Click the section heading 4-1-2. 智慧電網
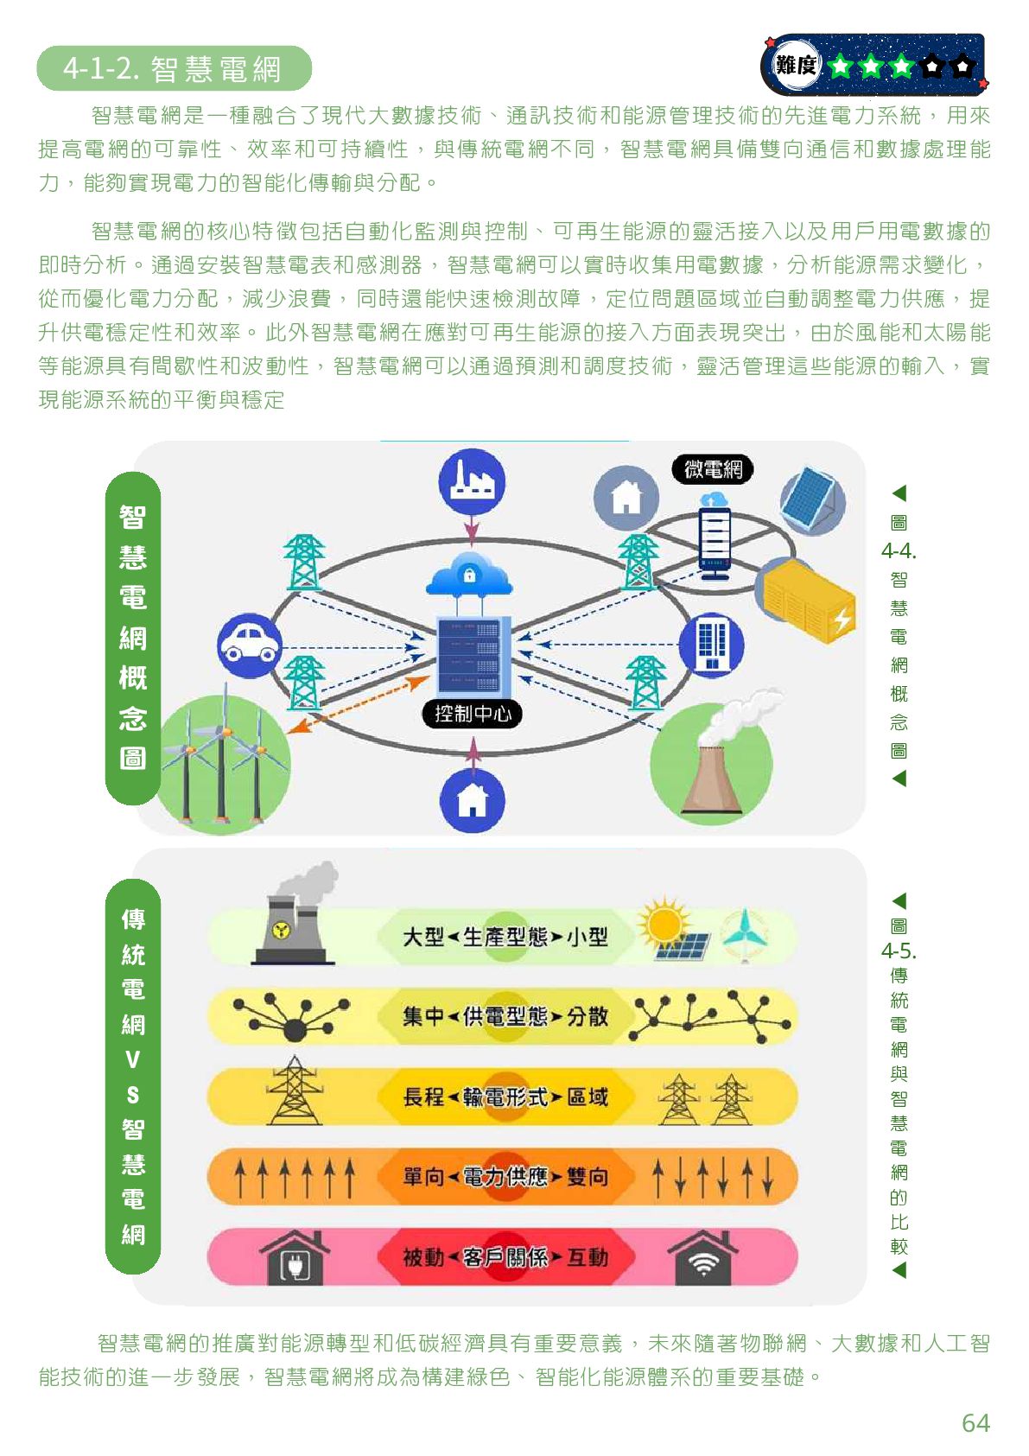coord(173,69)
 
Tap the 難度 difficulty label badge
coord(795,64)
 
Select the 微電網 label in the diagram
coord(713,469)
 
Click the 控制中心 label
coord(473,714)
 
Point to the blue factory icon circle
coord(472,481)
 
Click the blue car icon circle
coord(250,645)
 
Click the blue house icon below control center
coord(472,800)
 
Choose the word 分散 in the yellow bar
coord(588,1017)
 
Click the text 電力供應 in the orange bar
coord(505,1177)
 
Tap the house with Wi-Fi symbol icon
coord(704,1258)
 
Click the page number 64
coord(975,1423)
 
